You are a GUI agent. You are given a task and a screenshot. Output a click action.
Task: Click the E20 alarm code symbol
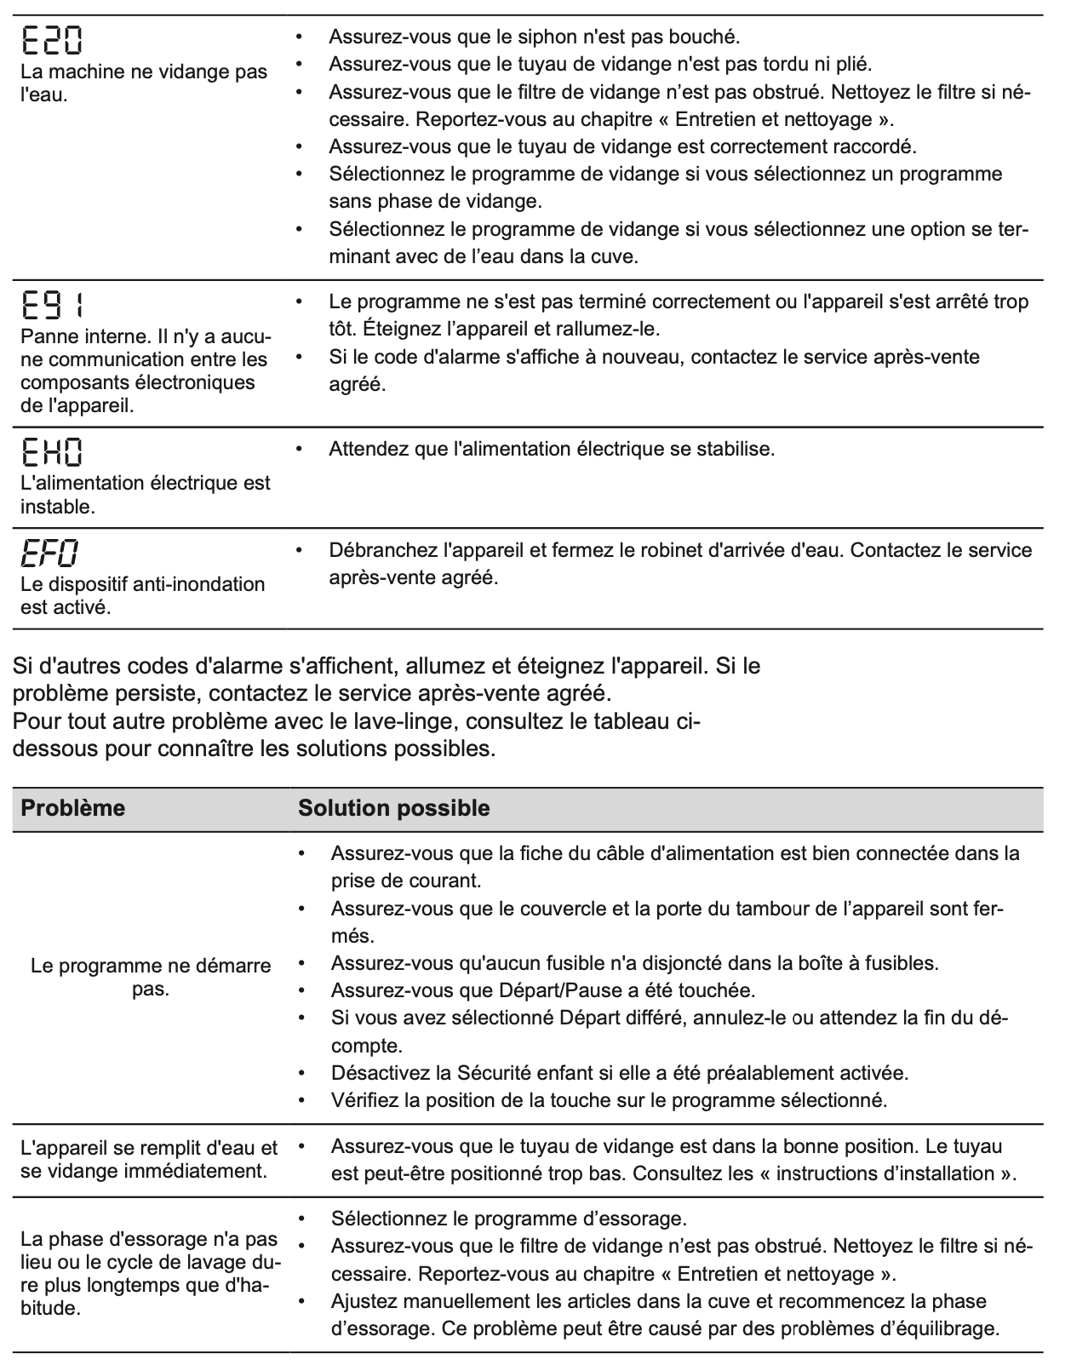click(x=52, y=38)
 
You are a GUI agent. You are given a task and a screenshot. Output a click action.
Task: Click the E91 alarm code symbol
click(x=52, y=304)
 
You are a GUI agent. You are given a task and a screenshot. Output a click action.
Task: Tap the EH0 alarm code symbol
click(x=52, y=451)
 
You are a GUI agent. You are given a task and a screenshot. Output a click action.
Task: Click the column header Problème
click(x=72, y=808)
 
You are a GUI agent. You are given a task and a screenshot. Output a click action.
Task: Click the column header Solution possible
click(x=393, y=808)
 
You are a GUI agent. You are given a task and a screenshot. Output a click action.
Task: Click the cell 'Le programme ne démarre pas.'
click(x=151, y=978)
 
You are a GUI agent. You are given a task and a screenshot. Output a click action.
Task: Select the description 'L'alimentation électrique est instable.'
click(x=145, y=495)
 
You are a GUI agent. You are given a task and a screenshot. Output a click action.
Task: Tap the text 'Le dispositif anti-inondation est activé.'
click(x=142, y=596)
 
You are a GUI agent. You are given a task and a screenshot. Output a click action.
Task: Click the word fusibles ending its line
click(x=901, y=963)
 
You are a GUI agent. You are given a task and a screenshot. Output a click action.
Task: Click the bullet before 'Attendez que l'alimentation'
click(x=299, y=447)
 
